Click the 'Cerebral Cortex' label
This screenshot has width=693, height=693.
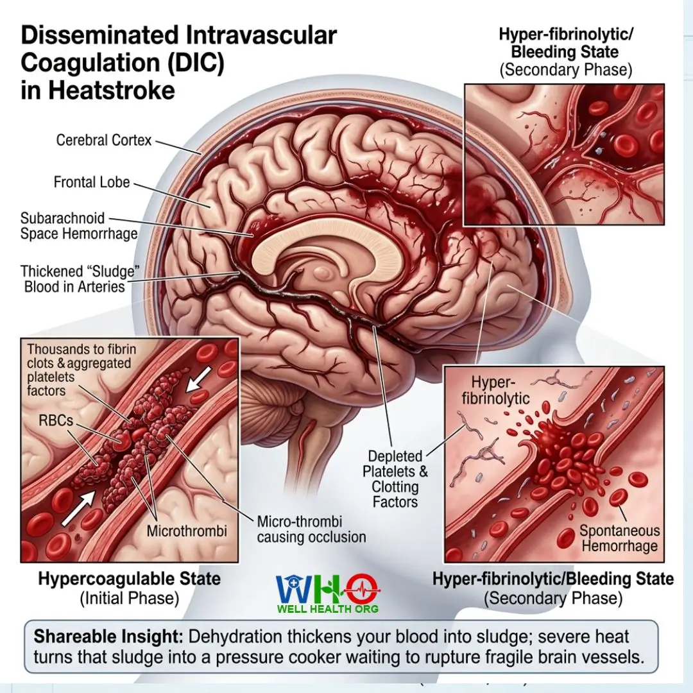[x=103, y=140]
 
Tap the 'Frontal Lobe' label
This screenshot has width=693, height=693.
[x=92, y=182]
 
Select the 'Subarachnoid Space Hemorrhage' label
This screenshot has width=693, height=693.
[x=79, y=226]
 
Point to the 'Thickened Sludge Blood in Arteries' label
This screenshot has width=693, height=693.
[x=80, y=279]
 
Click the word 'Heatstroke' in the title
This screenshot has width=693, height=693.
[x=112, y=90]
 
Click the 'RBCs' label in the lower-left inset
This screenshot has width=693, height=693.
[x=56, y=420]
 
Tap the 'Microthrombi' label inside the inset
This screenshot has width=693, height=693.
[x=187, y=531]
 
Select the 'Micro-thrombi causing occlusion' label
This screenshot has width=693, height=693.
[x=311, y=529]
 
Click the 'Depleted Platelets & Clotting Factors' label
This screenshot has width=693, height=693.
[x=395, y=479]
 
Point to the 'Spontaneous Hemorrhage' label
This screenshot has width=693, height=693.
[x=620, y=538]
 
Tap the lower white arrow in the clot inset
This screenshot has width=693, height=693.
[x=79, y=508]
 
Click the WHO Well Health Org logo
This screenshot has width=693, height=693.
[x=328, y=594]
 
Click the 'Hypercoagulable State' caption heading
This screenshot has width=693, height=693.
[x=129, y=579]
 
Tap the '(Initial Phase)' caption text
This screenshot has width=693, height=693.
[x=129, y=599]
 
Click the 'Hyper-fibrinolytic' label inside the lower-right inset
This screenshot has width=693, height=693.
[x=495, y=390]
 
